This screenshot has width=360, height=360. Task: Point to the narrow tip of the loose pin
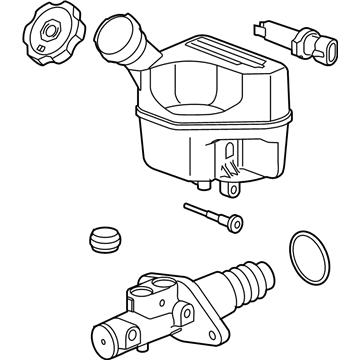(187, 206)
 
